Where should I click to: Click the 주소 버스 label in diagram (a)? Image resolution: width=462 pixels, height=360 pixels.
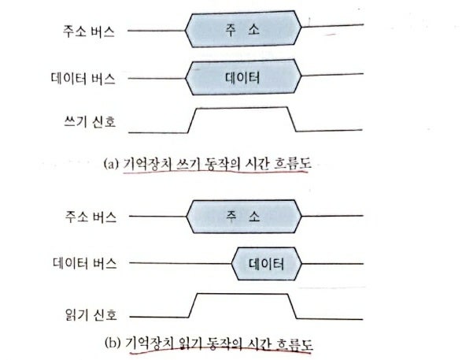[x=89, y=31]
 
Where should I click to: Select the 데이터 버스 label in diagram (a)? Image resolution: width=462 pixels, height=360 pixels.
[x=83, y=79]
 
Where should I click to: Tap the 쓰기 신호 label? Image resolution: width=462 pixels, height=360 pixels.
[x=90, y=121]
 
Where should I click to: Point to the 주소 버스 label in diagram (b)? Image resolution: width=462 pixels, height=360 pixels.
[x=91, y=217]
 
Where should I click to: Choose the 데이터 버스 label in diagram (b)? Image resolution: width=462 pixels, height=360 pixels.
[x=85, y=263]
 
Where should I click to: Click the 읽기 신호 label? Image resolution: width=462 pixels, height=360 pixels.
[x=91, y=314]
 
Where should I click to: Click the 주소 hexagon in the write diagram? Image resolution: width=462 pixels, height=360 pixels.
[x=243, y=29]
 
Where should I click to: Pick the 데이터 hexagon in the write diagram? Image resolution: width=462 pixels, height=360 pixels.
[x=243, y=77]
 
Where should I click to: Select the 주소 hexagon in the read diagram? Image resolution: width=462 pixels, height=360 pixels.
[x=244, y=217]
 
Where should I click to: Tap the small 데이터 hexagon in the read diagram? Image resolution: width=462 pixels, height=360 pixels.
[x=267, y=264]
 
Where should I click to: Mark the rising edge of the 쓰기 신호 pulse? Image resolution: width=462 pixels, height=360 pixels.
[x=192, y=121]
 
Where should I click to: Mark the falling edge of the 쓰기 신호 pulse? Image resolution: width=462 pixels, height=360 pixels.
[x=291, y=119]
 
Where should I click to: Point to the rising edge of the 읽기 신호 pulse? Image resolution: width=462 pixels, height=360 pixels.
[x=193, y=306]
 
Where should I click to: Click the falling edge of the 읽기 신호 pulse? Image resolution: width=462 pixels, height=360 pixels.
[x=292, y=306]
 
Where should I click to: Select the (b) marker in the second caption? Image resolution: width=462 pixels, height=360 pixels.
[x=113, y=343]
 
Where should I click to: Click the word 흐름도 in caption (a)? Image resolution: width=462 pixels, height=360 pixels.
[x=292, y=164]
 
